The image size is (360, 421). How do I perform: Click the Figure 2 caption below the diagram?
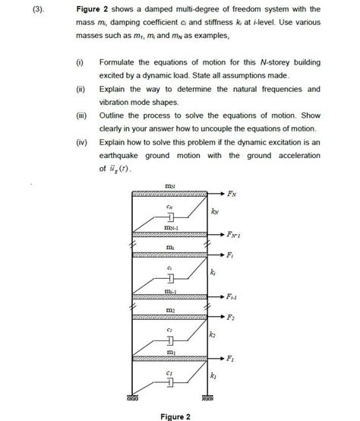(175, 415)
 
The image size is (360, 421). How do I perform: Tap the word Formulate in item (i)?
(120, 61)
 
